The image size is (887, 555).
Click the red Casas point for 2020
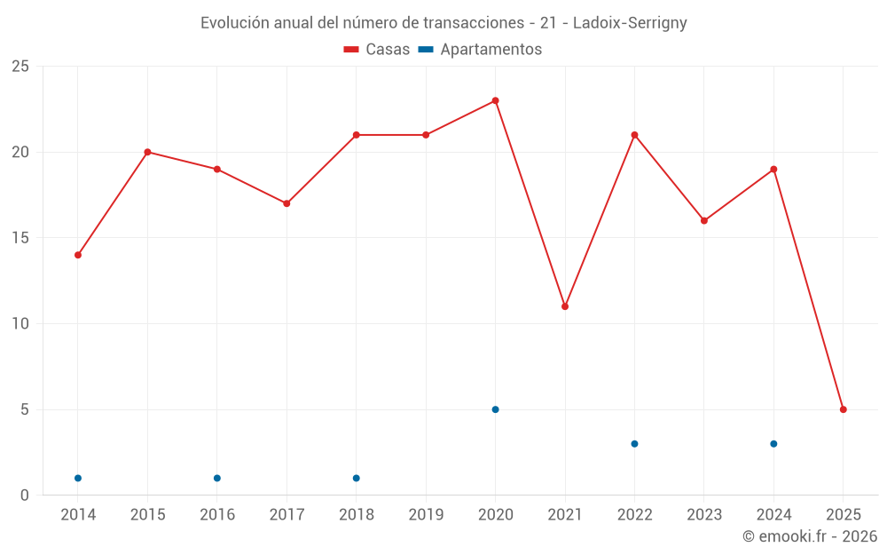point(495,100)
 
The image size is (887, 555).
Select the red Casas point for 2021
point(565,306)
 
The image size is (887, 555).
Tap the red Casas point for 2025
point(844,409)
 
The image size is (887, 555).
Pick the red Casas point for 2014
point(78,255)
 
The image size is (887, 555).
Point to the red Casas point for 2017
point(287,203)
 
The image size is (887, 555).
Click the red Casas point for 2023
point(704,220)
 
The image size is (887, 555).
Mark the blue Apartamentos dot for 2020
point(495,409)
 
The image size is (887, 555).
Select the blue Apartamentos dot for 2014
point(78,478)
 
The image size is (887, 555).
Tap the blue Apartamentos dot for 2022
point(634,444)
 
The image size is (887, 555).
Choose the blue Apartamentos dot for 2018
point(357,478)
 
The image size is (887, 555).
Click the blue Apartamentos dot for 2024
point(773,444)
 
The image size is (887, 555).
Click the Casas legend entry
point(377,50)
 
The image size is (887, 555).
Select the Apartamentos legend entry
point(480,50)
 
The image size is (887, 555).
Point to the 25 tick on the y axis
point(20,67)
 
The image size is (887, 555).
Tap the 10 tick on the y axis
point(20,323)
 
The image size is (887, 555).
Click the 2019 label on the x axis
point(426,515)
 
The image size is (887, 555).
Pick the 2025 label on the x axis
point(844,515)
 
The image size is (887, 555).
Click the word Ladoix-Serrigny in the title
point(630,23)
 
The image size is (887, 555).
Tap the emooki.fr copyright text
point(809,536)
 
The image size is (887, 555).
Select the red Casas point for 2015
point(147,152)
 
